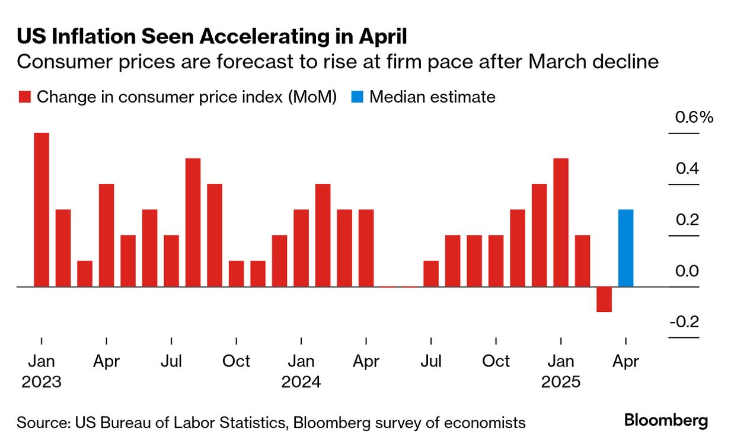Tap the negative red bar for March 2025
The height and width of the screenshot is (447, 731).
(x=604, y=299)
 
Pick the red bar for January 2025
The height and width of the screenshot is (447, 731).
(x=561, y=222)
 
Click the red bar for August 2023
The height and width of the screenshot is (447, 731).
(x=193, y=222)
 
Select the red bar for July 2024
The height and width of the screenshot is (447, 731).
(x=431, y=273)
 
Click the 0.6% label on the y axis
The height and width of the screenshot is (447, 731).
(x=694, y=117)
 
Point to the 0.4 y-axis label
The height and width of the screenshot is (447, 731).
(x=687, y=169)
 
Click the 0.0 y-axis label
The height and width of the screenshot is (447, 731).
(x=687, y=272)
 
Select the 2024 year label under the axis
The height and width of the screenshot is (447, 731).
(x=301, y=382)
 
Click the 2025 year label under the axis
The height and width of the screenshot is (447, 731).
(x=561, y=382)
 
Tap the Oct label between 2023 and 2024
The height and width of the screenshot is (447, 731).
(x=236, y=361)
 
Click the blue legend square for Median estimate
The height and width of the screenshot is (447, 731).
(x=356, y=97)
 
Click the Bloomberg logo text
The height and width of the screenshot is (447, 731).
(x=666, y=421)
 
